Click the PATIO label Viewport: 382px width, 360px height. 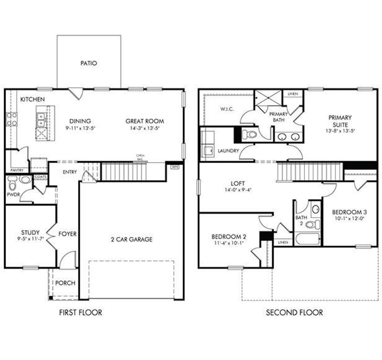point(89,63)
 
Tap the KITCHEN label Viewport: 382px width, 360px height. point(33,99)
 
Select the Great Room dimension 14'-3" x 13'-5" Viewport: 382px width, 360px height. point(145,128)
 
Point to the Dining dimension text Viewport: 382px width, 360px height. point(80,128)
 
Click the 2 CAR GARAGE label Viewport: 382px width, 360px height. point(132,239)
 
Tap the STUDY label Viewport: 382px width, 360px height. point(30,232)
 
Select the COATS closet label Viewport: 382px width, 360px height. point(40,177)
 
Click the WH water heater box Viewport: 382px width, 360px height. point(175,167)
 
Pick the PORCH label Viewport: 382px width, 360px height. point(65,283)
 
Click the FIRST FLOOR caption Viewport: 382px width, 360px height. point(81,313)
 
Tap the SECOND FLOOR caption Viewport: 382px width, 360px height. point(294,313)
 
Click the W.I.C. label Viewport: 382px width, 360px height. point(227,109)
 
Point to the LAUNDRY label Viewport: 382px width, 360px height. point(228,151)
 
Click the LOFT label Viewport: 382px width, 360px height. point(238,183)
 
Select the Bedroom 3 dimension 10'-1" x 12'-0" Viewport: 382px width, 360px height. point(349,218)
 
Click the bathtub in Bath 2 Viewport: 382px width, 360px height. point(307,239)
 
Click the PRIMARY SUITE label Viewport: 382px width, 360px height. point(340,121)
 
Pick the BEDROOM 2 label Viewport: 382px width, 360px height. point(229,237)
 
